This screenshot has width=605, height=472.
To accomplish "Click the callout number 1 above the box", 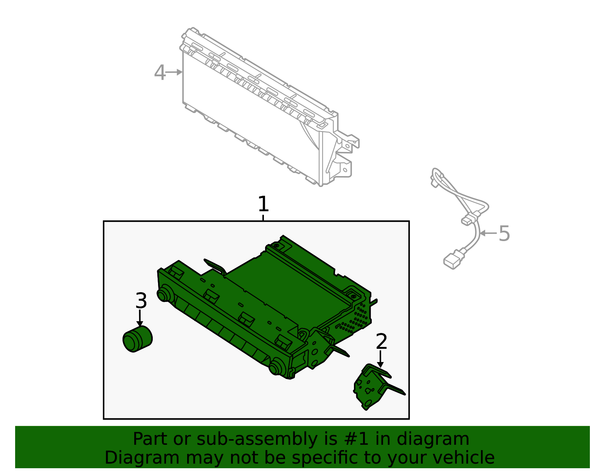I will click(x=263, y=204).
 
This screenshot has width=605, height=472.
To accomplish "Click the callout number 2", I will click(x=382, y=342).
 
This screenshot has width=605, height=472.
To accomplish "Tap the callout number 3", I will click(x=141, y=301).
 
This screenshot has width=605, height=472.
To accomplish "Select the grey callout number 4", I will click(x=160, y=73).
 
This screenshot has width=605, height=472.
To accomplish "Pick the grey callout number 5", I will click(x=504, y=234).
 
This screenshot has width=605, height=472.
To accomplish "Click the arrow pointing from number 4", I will click(x=175, y=72).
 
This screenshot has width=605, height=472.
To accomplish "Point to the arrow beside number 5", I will click(x=488, y=234).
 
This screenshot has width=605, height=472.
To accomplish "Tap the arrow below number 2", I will click(x=380, y=359).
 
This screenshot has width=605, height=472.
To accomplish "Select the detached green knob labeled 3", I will click(x=137, y=339).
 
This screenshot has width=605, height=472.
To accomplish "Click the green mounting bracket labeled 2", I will click(x=372, y=387).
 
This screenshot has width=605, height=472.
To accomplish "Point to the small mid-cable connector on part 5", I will click(x=468, y=219).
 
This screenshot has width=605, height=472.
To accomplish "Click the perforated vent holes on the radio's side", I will click(x=359, y=316).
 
